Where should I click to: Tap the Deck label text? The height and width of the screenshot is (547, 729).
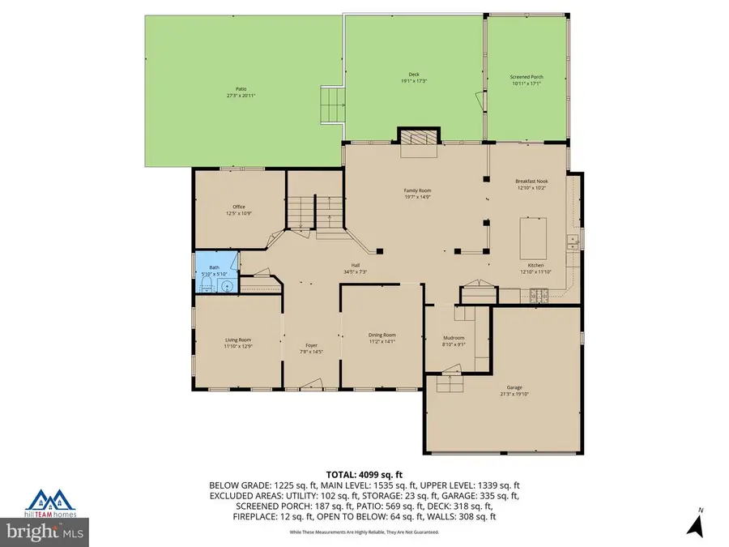pyautogui.click(x=413, y=79)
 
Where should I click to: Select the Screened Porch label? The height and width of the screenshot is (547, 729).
pyautogui.click(x=527, y=79)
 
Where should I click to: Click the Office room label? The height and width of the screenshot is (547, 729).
pyautogui.click(x=238, y=210)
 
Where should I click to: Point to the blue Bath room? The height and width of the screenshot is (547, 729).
pyautogui.click(x=215, y=271)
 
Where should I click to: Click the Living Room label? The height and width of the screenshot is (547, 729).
pyautogui.click(x=237, y=342)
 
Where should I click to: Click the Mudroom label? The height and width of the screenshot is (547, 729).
pyautogui.click(x=454, y=340)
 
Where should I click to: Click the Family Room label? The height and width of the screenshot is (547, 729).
pyautogui.click(x=417, y=193)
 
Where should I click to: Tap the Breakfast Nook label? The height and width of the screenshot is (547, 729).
pyautogui.click(x=531, y=184)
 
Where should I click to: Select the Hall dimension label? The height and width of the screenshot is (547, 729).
pyautogui.click(x=355, y=268)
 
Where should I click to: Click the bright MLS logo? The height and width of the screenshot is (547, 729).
pyautogui.click(x=44, y=532)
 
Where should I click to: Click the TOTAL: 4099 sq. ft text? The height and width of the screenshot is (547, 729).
pyautogui.click(x=364, y=475)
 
